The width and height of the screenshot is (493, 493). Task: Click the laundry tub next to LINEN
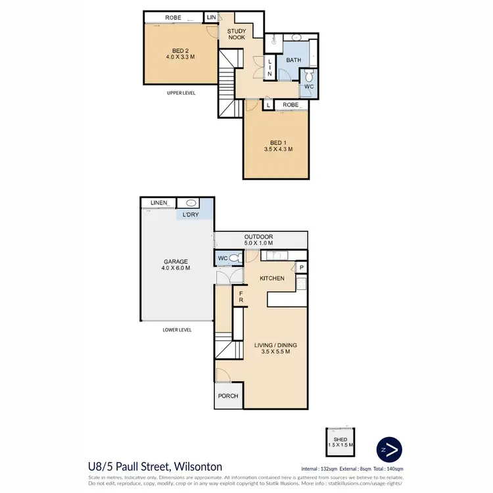click(191, 203)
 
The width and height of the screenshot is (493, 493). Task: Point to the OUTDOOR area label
click(258, 241)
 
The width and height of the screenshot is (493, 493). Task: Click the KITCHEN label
click(271, 278)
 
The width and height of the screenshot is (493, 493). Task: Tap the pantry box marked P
click(301, 268)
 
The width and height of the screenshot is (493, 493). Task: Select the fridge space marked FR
click(241, 297)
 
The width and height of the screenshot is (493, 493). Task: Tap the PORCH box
click(229, 396)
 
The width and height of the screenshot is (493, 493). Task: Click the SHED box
click(340, 442)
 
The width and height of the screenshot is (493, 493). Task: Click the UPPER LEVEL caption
click(182, 93)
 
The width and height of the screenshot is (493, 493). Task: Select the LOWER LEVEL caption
click(177, 330)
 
